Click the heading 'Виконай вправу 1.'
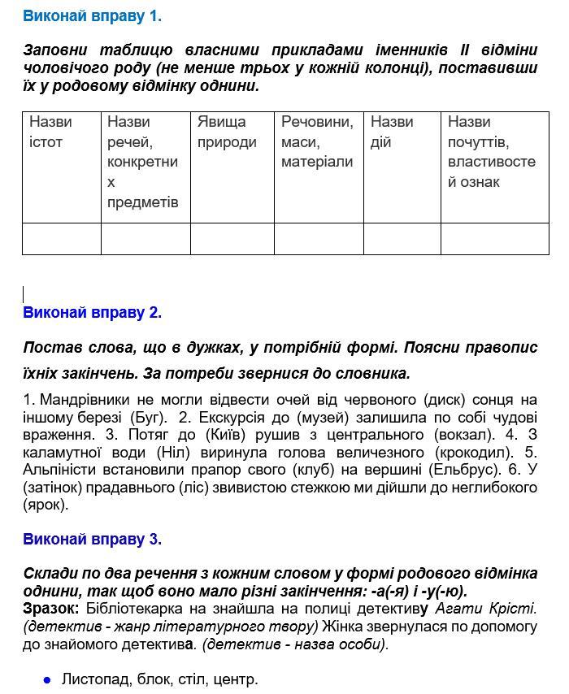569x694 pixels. click(92, 15)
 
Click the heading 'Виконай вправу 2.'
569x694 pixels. click(92, 312)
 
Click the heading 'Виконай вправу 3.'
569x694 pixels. click(92, 539)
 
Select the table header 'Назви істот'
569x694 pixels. click(50, 132)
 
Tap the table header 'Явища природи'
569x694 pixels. click(227, 132)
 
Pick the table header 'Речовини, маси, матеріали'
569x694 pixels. click(317, 141)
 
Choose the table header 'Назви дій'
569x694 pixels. click(392, 132)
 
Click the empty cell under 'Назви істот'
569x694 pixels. click(62, 239)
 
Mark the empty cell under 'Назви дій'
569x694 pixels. click(402, 239)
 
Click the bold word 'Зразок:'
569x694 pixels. click(51, 608)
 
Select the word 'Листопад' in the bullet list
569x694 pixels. click(94, 679)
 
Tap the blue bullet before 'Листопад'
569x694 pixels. click(47, 679)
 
